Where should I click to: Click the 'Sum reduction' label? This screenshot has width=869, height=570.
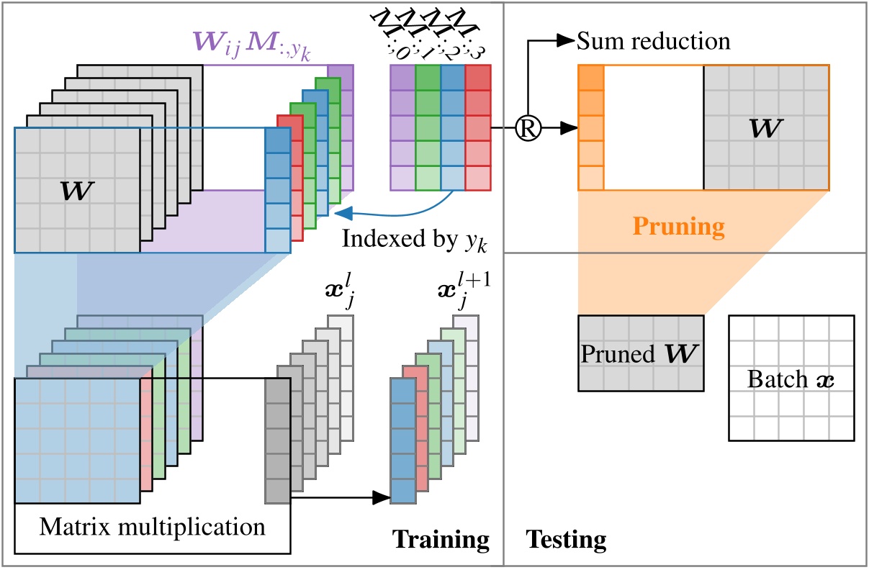654,41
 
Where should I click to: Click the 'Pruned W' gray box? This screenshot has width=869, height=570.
641,353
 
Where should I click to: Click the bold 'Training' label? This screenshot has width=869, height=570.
441,539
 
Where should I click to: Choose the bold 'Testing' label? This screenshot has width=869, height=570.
565,539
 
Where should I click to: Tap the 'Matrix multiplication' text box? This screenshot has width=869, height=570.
151,528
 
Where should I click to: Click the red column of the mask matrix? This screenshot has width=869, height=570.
477,127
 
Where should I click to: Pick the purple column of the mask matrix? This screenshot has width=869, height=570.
402,127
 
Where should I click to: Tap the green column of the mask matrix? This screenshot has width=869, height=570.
428,127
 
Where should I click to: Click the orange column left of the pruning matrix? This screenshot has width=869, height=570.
590,127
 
